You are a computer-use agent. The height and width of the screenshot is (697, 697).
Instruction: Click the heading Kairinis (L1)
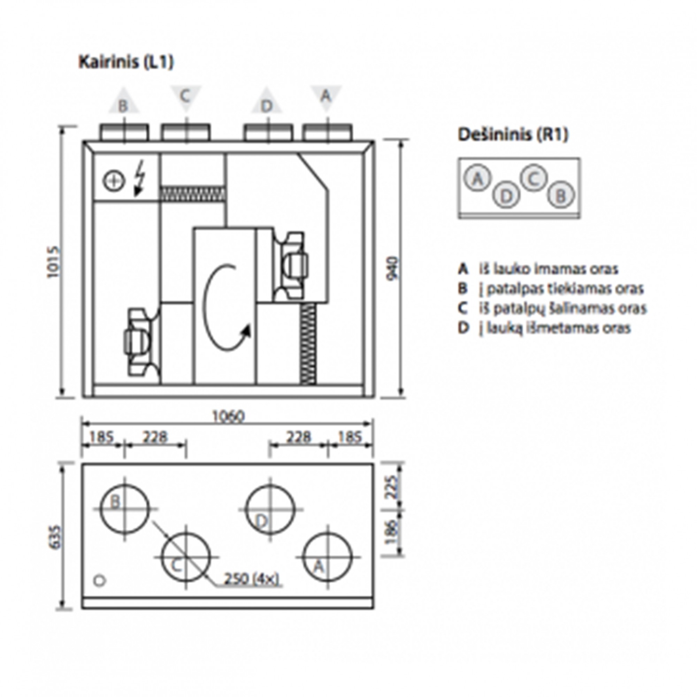click(126, 62)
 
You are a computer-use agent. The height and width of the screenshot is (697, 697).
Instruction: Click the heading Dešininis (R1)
click(513, 135)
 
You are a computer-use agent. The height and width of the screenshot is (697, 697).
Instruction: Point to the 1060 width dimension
click(228, 416)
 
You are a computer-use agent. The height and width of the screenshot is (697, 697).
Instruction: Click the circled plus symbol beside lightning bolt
click(114, 181)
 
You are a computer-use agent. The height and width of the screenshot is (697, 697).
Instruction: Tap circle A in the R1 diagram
click(477, 178)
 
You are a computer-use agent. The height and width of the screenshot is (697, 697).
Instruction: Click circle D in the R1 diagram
click(506, 196)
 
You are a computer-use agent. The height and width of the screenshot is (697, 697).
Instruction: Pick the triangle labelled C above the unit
click(185, 97)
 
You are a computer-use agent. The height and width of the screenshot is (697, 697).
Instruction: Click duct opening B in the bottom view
click(124, 509)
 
